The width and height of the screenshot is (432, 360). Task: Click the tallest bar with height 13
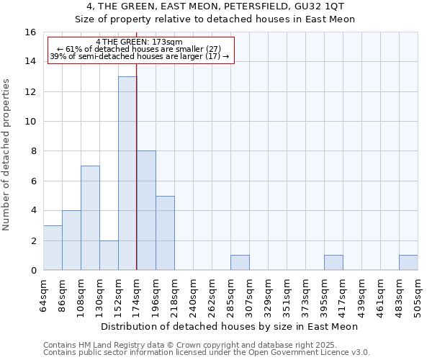point(127,173)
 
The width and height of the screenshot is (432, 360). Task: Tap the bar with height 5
point(165,233)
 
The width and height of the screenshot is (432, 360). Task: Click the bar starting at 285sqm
point(240,263)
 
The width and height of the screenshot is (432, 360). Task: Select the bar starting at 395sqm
point(333,263)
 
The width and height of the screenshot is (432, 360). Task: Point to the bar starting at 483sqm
point(408,263)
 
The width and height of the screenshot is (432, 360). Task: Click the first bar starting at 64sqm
point(53,248)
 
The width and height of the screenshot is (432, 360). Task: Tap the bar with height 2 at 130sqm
point(109,256)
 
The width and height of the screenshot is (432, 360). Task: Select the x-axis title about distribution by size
point(230,326)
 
